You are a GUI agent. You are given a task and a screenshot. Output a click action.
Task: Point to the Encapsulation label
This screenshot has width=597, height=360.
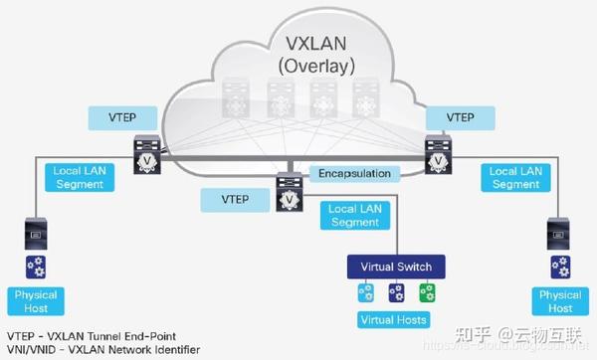[354, 173]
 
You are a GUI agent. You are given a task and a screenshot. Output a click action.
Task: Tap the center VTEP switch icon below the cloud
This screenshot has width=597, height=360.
[289, 193]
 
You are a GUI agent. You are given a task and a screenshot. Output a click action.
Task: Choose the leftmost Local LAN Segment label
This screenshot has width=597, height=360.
[75, 178]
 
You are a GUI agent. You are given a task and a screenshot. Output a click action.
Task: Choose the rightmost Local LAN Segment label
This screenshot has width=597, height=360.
[515, 178]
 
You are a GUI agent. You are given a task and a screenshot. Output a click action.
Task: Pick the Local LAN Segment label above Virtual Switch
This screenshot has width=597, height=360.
[354, 215]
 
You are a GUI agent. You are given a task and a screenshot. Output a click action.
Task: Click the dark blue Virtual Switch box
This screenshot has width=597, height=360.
[395, 267]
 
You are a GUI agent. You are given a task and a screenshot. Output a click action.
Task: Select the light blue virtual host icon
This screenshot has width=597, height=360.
[365, 292]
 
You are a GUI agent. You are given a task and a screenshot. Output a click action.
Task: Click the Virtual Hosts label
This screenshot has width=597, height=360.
[394, 320]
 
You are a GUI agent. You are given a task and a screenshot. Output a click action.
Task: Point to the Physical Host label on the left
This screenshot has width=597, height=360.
[37, 301]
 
